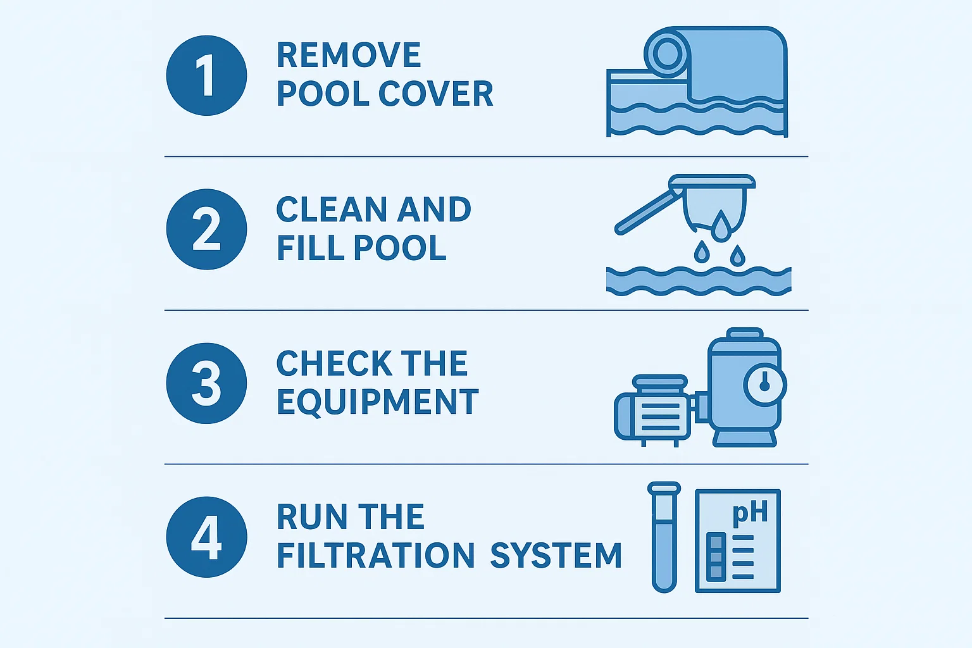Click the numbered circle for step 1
tap(206, 75)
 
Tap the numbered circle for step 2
tap(206, 229)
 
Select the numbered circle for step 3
tap(206, 383)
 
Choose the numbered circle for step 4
tap(206, 537)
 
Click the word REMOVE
tap(349, 55)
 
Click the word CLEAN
tap(332, 209)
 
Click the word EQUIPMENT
tap(378, 402)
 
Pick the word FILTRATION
tap(376, 556)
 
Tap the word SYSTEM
tap(556, 556)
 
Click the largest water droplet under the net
tap(721, 227)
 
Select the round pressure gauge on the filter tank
tap(764, 384)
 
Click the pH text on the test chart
tap(750, 513)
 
